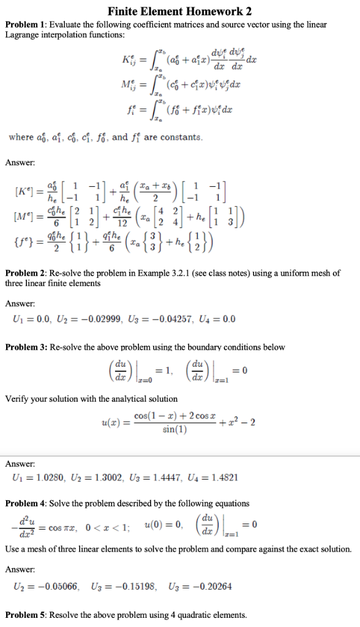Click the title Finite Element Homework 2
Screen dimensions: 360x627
pos(179,11)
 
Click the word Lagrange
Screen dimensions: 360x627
pos(23,35)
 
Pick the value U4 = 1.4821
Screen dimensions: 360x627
pos(217,476)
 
